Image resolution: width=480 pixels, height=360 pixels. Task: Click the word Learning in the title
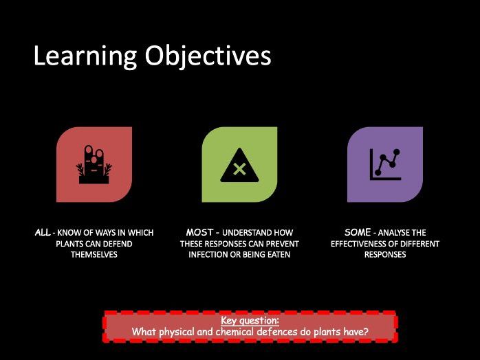(85, 56)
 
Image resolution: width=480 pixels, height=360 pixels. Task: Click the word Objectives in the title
(208, 56)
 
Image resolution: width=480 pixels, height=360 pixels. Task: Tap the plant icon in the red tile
(94, 164)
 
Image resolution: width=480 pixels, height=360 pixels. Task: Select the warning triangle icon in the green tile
(239, 166)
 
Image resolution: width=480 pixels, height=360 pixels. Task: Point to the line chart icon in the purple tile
(385, 165)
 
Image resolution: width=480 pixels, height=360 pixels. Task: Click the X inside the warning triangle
(239, 169)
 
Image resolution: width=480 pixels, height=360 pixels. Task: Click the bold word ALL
(43, 232)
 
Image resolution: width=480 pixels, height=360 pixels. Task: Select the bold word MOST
(199, 232)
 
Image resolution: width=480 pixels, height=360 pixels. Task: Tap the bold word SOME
(358, 232)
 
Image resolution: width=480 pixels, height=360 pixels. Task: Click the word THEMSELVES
(94, 254)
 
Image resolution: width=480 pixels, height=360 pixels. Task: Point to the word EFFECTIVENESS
(358, 244)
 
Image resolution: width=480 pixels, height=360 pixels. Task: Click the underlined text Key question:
(250, 321)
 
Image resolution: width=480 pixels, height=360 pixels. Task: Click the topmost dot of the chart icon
(397, 152)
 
